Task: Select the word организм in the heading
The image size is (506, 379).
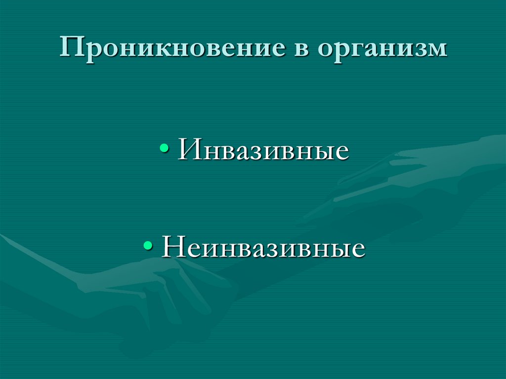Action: click(x=383, y=50)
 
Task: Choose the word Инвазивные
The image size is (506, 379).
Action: click(x=264, y=150)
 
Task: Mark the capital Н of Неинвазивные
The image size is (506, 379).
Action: click(x=173, y=247)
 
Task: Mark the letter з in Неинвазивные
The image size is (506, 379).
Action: click(x=274, y=249)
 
